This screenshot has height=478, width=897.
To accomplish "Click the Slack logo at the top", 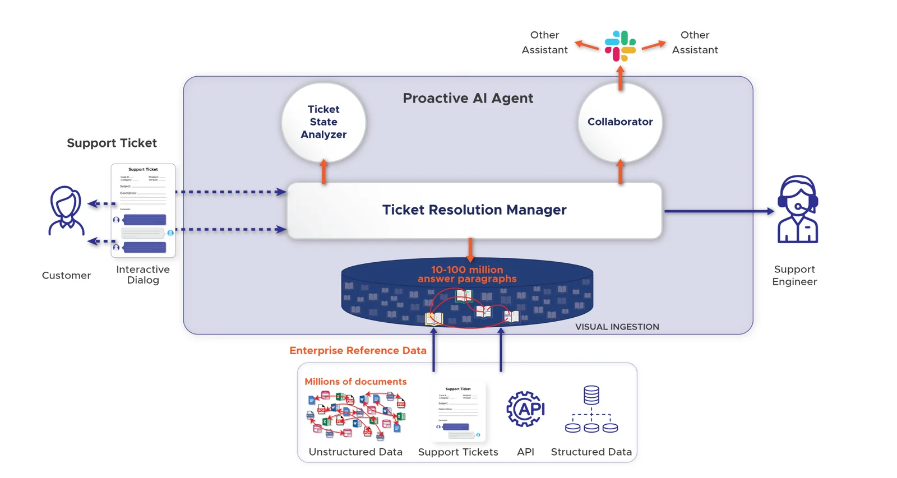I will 620,45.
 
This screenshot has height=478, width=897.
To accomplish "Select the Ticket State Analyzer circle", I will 323,122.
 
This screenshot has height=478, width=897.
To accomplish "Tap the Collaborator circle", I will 620,122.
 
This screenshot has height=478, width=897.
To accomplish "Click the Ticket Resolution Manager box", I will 474,210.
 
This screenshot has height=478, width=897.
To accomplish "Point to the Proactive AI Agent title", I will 468,99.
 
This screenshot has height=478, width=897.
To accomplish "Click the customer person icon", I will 66,211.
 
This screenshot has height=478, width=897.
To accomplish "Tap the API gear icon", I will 525,409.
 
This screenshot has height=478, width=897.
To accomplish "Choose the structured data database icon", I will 591,410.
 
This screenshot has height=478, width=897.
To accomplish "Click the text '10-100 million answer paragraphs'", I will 467,274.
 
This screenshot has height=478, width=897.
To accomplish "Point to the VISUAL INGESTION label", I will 617,327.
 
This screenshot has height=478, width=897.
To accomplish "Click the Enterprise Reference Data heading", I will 358,351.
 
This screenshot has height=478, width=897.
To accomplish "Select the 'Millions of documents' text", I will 355,382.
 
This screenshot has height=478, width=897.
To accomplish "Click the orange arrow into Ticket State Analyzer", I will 323,172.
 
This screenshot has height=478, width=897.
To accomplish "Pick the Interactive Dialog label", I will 143,275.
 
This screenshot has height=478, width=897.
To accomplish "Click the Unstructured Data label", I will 355,452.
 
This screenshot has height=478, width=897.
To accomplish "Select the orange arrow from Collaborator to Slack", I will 620,78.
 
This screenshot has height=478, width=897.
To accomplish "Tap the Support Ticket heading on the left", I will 112,143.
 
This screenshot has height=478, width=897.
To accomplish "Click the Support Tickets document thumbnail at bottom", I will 458,412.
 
